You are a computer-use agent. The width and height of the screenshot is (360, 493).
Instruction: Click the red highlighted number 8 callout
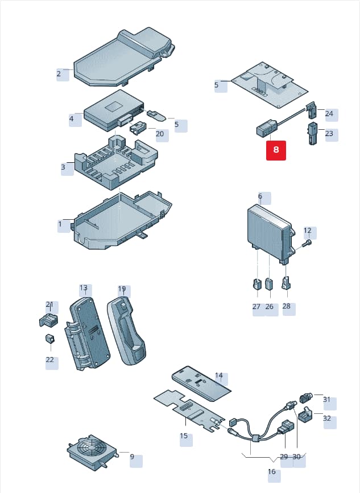point(276,150)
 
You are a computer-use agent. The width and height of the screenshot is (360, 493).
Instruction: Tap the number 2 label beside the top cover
point(59,74)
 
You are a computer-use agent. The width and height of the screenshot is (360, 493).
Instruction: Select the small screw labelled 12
point(307,243)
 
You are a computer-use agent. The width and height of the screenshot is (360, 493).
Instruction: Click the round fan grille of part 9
point(89,445)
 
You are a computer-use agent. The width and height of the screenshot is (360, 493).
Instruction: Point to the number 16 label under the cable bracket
point(272,471)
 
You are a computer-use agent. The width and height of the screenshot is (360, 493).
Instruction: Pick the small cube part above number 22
point(50,338)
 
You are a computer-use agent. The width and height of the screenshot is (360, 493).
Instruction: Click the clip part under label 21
point(48,320)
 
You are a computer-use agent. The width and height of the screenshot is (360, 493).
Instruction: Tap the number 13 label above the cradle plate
point(84,287)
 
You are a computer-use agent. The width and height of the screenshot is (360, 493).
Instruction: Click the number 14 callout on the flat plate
point(219,375)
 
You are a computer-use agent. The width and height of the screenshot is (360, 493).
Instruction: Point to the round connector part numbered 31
point(305,398)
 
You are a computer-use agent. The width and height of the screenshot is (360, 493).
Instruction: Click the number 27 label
point(256,306)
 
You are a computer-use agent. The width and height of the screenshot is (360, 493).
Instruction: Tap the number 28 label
point(287,306)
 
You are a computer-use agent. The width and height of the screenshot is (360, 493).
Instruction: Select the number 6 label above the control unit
point(260,196)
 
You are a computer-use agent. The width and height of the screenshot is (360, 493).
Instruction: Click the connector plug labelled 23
point(312,133)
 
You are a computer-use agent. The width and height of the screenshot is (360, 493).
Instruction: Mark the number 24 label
point(329,113)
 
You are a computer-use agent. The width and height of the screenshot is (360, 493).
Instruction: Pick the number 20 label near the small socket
point(160,134)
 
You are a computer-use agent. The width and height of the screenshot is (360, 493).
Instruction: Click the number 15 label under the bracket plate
point(184,436)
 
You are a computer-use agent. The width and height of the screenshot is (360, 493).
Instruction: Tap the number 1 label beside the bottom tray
point(60,224)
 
